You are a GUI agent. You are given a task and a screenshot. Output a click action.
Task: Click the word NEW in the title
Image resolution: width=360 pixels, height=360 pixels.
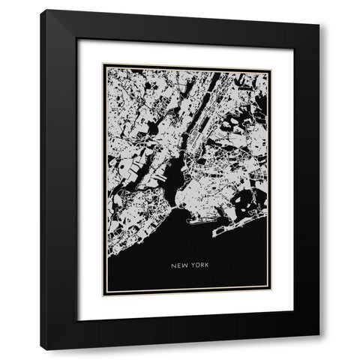coord(178,265)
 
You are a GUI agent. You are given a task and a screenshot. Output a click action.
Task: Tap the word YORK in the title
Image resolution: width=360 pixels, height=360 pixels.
coord(196,265)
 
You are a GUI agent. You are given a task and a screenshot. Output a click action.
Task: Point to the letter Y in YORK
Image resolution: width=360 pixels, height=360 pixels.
coord(190,265)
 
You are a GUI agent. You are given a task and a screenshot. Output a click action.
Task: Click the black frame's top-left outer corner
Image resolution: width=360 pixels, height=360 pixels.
coord(41,10)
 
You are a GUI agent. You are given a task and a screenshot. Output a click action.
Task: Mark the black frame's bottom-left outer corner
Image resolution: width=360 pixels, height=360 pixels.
coord(41,350)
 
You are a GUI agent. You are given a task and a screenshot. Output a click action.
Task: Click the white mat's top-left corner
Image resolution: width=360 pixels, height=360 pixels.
coord(78,38)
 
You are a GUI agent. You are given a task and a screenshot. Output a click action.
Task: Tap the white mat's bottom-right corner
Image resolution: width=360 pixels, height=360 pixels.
coord(293,321)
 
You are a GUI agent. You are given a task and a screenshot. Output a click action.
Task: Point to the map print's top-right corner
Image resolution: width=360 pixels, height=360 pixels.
coord(271,66)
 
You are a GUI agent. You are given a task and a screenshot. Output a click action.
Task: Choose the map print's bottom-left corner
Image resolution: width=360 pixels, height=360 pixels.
coord(103,295)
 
